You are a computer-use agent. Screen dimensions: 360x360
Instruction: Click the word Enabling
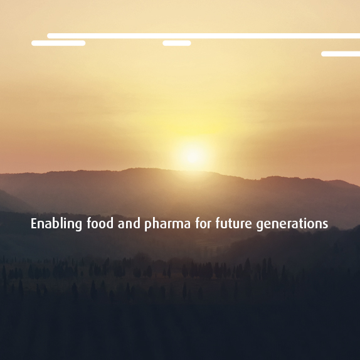[56, 224]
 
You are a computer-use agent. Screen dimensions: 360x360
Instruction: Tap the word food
[100, 223]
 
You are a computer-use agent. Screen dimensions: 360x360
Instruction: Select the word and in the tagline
[129, 223]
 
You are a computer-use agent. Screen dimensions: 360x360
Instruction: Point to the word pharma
[167, 225]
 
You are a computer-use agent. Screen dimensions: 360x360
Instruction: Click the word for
[203, 223]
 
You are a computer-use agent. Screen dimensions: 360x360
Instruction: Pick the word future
[234, 223]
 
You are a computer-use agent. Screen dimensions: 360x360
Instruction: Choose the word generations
[292, 225]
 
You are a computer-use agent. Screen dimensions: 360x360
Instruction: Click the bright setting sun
[193, 156]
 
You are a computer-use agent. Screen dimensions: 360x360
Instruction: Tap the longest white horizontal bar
[203, 36]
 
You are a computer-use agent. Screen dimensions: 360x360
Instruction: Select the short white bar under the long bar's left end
[58, 43]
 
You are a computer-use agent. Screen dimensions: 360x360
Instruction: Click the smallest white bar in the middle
[177, 43]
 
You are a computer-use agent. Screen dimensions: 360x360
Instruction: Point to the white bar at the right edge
[341, 54]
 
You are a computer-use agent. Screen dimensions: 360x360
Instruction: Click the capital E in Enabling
[34, 224]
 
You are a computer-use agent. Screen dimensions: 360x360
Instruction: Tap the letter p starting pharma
[148, 225]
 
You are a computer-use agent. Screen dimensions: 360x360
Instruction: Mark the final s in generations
[326, 225]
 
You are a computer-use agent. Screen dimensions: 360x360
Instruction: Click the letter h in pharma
[157, 223]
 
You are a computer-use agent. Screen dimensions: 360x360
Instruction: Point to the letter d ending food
[110, 223]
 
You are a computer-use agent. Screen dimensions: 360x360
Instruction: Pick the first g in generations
[260, 225]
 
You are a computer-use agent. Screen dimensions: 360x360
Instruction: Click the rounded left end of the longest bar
[49, 36]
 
